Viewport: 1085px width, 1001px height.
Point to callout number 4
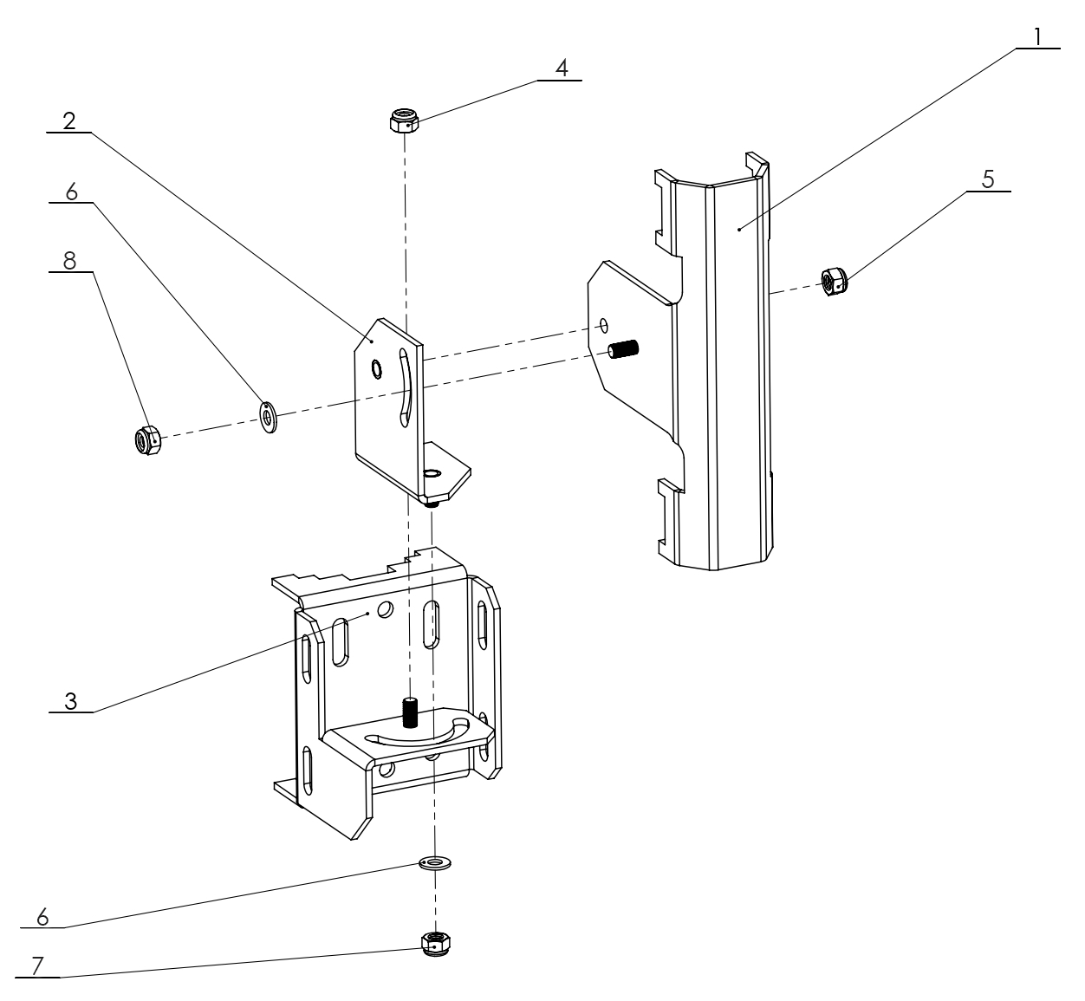[x=562, y=68]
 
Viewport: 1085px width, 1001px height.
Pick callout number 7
[x=36, y=966]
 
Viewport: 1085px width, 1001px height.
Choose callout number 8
[x=70, y=260]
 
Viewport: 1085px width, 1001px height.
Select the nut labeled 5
[x=834, y=281]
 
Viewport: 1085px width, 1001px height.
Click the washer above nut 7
[x=433, y=863]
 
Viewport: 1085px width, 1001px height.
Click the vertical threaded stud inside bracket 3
[x=411, y=710]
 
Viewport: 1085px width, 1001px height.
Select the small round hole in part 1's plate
[x=604, y=326]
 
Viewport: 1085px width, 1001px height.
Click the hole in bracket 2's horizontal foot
[x=432, y=472]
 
